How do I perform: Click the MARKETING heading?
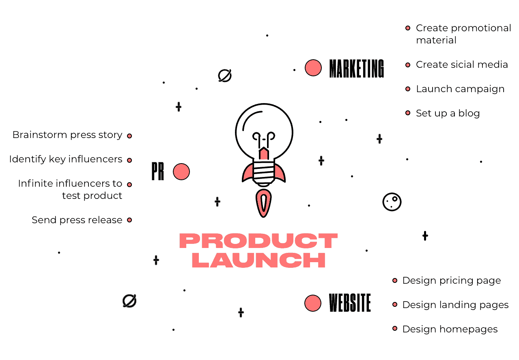pyautogui.click(x=357, y=68)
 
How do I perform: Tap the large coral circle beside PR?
pyautogui.click(x=181, y=172)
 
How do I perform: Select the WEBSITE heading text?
pyautogui.click(x=350, y=303)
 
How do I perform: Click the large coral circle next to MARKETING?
pyautogui.click(x=313, y=68)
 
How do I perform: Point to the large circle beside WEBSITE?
pyautogui.click(x=313, y=303)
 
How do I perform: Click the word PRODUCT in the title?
pyautogui.click(x=258, y=241)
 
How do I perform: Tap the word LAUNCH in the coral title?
pyautogui.click(x=258, y=260)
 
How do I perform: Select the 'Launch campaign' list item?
pyautogui.click(x=460, y=89)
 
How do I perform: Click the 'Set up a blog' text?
pyautogui.click(x=448, y=113)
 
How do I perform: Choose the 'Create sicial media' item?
pyautogui.click(x=462, y=65)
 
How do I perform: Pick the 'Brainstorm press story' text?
pyautogui.click(x=67, y=135)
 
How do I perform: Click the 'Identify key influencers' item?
pyautogui.click(x=66, y=159)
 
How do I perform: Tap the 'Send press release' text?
pyautogui.click(x=77, y=220)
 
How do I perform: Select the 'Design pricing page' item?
pyautogui.click(x=452, y=281)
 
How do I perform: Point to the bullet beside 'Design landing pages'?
pyautogui.click(x=395, y=304)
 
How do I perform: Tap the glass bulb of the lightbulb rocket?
pyautogui.click(x=264, y=131)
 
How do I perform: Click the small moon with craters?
pyautogui.click(x=392, y=202)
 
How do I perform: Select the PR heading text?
pyautogui.click(x=158, y=171)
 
